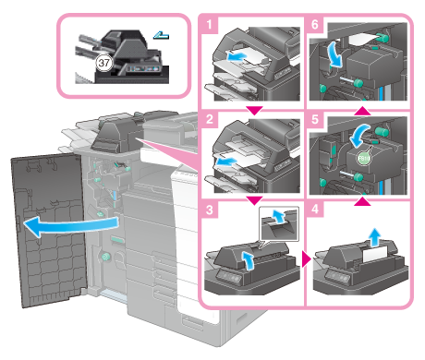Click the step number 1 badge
pos(210,25)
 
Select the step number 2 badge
pos(210,119)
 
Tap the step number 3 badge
pos(210,210)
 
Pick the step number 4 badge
pos(315,210)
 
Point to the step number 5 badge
pos(315,119)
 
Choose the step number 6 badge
pos(315,25)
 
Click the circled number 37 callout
pos(103,63)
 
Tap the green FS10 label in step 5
pos(364,159)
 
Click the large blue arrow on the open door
pos(71,226)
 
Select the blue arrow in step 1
pos(237,56)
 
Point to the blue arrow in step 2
pos(226,162)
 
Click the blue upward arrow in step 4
pos(374,237)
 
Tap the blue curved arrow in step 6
pos(335,54)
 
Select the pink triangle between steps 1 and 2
pos(254,111)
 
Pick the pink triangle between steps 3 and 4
pos(307,260)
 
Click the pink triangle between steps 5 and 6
pos(362,111)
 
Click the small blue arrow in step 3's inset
pos(279,215)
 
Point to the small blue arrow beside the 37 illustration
pos(161,36)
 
